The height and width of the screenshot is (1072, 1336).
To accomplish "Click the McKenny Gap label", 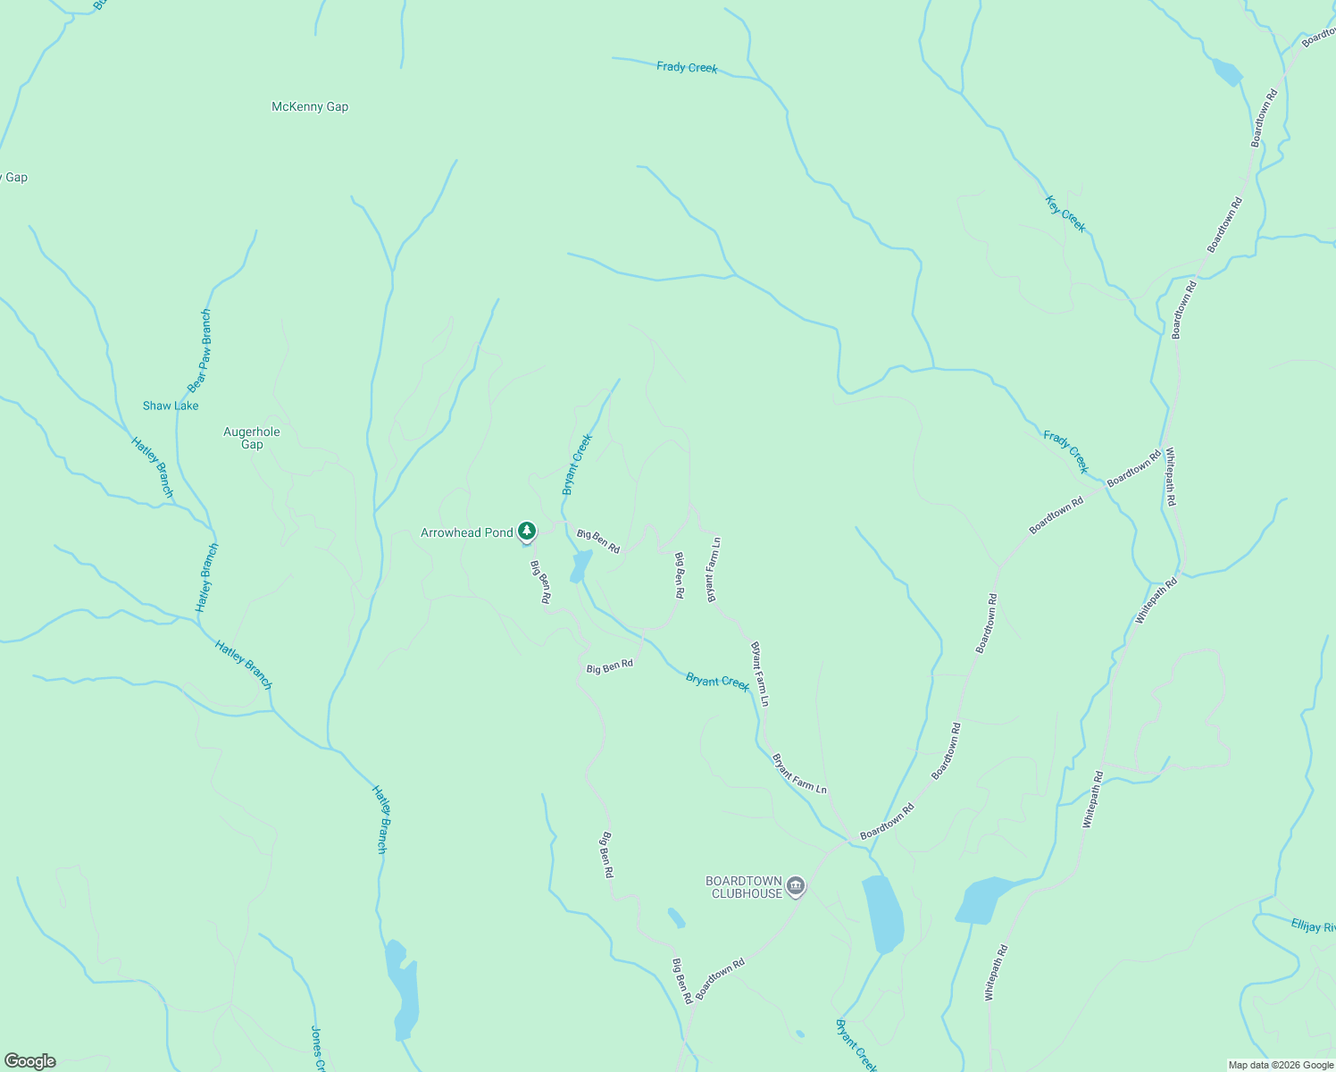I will coord(310,107).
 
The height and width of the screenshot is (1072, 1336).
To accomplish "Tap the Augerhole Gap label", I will coord(252,438).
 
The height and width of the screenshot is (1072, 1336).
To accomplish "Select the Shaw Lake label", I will coord(171,406).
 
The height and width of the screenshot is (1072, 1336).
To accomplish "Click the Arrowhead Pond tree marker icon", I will coord(527,532).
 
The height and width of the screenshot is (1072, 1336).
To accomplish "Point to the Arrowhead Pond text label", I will coord(467,533).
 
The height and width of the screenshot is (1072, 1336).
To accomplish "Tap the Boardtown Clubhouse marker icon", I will coord(796,886).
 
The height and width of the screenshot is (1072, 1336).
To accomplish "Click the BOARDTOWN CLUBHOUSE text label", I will coord(744,887).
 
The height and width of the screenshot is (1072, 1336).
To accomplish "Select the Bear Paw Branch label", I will coord(200,351).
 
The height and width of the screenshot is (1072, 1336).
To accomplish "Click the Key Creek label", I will coord(1065,214).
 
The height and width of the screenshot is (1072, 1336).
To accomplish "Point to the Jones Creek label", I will coord(317,1048).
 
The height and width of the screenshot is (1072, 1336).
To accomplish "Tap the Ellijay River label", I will coord(1313,925).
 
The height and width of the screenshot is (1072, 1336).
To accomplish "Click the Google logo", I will coord(30,1061).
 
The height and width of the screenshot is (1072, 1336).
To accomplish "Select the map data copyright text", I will coord(1281,1065).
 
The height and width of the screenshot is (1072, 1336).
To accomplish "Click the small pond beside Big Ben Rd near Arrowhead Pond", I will coord(580,565).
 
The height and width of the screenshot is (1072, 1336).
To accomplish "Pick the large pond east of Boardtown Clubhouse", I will coord(881,913).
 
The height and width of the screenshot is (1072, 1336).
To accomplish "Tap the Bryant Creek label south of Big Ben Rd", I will coord(717,682).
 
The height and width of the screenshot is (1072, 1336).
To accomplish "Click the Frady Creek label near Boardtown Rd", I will coord(1066,451).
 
